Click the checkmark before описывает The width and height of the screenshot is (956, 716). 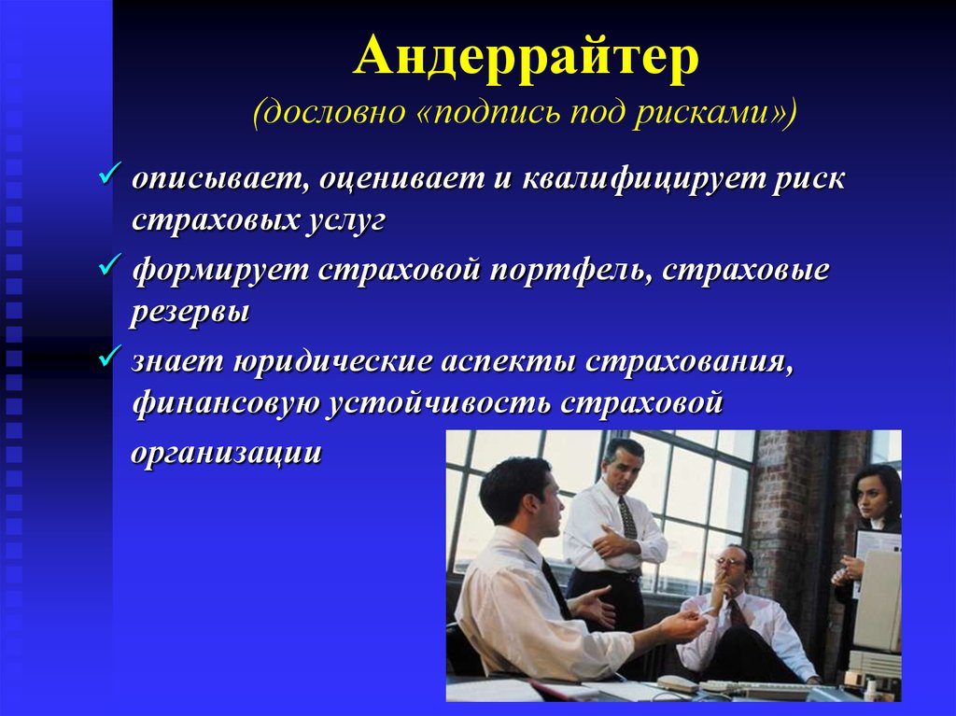(x=110, y=174)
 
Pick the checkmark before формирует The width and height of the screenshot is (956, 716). (x=110, y=265)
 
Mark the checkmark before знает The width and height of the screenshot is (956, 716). (x=110, y=357)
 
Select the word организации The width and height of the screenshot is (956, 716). (x=226, y=453)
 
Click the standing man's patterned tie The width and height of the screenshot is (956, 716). (x=627, y=518)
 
